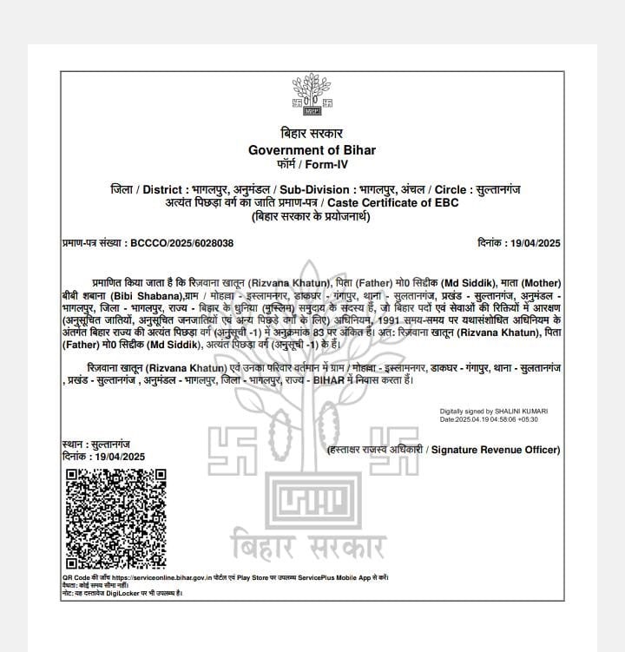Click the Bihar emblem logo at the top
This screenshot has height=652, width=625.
(312, 96)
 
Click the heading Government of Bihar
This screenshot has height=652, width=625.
(312, 150)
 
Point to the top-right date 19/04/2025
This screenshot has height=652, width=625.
(533, 244)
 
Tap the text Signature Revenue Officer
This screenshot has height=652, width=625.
(496, 450)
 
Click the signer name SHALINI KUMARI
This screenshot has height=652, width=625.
(518, 411)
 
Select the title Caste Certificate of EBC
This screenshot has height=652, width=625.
(391, 201)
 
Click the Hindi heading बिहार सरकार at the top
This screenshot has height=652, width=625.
(312, 134)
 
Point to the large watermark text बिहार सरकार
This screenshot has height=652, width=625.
(312, 548)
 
